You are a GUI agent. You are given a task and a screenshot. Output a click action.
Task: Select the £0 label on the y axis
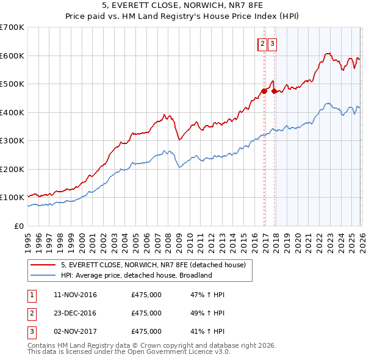pos(18,226)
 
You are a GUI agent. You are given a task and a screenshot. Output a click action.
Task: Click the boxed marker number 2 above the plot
pos(262,43)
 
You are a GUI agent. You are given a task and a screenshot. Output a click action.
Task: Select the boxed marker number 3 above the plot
pos(271,43)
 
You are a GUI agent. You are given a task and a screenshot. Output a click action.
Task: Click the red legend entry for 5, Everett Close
pos(153,265)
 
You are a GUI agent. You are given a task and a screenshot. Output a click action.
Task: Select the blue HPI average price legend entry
pos(135,275)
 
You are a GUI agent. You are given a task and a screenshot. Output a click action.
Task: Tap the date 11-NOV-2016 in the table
pos(76,295)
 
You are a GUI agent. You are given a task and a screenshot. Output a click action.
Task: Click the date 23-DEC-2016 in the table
pos(76,313)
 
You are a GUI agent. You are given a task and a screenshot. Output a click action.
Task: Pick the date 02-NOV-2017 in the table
pos(76,331)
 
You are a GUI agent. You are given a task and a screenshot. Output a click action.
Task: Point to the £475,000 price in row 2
pos(146,313)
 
